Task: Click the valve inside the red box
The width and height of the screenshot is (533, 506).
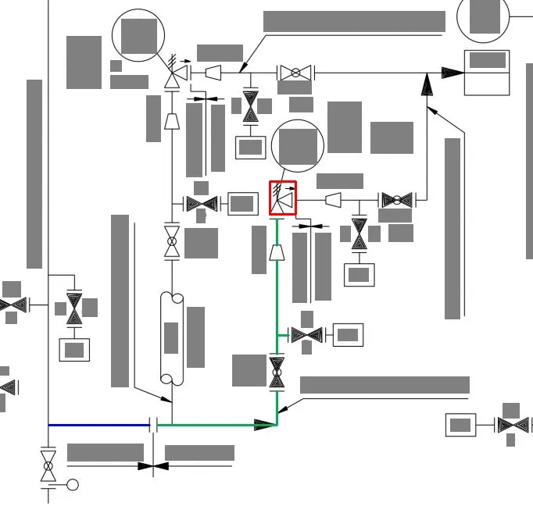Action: [x=283, y=200]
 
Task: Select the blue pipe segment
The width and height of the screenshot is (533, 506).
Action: [x=98, y=425]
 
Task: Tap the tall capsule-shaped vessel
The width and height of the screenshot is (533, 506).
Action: [x=171, y=338]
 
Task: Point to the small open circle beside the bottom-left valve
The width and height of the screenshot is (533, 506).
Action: [x=73, y=485]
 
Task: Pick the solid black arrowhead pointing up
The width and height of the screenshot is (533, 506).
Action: [x=427, y=84]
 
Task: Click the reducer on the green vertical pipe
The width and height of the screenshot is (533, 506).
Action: [x=277, y=252]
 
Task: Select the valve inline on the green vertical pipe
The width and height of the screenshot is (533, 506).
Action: [x=277, y=372]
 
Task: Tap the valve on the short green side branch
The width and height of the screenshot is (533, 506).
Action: [x=307, y=335]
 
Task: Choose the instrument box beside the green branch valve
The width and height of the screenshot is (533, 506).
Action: [x=348, y=335]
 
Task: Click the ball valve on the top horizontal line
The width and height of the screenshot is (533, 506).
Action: [x=295, y=73]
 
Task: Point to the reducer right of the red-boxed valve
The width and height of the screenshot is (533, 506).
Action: [x=333, y=201]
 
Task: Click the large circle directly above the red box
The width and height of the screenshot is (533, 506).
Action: [x=297, y=146]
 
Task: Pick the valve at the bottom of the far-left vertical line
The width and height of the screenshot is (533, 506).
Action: [x=48, y=465]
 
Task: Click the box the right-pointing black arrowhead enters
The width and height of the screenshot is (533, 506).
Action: [x=486, y=73]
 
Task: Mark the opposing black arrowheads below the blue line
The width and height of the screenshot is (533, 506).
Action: [x=153, y=466]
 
